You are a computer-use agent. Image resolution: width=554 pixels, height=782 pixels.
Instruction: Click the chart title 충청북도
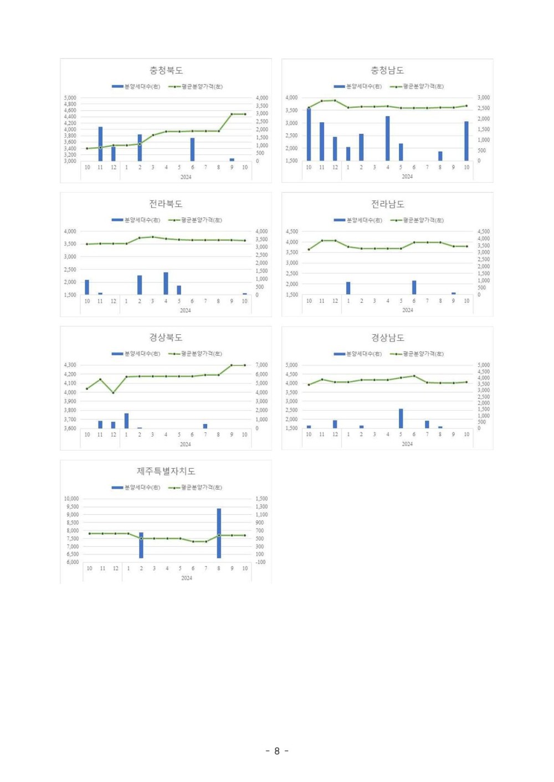[166, 70]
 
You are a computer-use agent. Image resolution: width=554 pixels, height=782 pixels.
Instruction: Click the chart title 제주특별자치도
[166, 471]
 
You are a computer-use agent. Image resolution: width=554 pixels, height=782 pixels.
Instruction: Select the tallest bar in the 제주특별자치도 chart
[219, 532]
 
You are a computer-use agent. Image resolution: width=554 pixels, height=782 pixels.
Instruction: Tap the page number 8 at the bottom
[277, 751]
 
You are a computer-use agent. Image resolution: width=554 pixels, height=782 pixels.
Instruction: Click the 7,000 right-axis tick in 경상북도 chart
[261, 365]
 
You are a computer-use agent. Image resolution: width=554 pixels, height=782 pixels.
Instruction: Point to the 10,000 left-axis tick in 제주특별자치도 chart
[72, 499]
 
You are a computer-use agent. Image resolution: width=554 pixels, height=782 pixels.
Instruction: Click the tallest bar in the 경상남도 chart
[401, 418]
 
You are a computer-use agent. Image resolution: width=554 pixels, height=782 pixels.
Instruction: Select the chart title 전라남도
[387, 204]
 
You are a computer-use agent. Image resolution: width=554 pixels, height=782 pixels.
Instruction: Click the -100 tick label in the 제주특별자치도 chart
[260, 562]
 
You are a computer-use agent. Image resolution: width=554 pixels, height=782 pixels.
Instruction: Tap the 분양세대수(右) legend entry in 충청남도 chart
[358, 86]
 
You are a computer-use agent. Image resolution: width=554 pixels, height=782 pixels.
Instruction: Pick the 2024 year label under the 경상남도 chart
[407, 444]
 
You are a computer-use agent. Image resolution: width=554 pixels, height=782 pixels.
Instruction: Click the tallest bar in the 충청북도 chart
[100, 144]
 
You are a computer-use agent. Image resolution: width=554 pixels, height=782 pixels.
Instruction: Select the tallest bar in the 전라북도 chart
[166, 283]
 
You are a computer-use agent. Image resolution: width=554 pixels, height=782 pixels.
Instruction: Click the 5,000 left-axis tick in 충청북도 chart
[70, 98]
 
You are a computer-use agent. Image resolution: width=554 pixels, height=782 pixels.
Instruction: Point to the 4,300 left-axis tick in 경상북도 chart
[70, 365]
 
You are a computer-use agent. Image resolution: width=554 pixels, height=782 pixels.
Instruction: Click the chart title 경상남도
[387, 338]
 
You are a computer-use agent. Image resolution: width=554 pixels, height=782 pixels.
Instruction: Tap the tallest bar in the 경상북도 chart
[126, 421]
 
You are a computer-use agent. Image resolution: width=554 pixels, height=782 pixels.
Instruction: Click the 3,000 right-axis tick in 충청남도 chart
[483, 97]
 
